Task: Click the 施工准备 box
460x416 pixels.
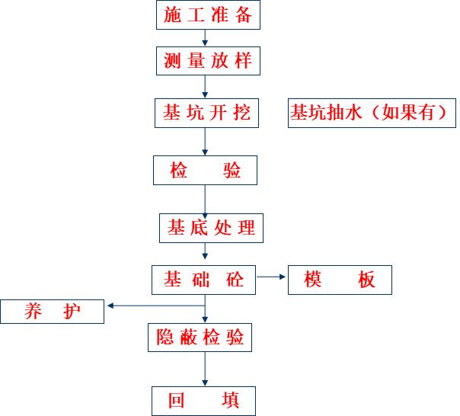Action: pos(206,15)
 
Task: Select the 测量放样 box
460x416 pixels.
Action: pos(206,61)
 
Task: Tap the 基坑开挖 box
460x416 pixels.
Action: pos(206,114)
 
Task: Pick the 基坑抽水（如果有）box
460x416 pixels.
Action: pos(372,114)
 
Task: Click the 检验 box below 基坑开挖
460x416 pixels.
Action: pos(206,171)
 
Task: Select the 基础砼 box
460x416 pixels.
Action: pos(206,280)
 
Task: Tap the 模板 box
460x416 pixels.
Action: pos(340,280)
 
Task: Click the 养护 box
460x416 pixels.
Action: pos(53,312)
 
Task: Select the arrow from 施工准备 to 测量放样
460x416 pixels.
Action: pos(206,38)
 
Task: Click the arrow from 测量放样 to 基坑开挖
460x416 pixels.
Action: pos(206,88)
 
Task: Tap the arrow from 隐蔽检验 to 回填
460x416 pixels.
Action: pos(206,370)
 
